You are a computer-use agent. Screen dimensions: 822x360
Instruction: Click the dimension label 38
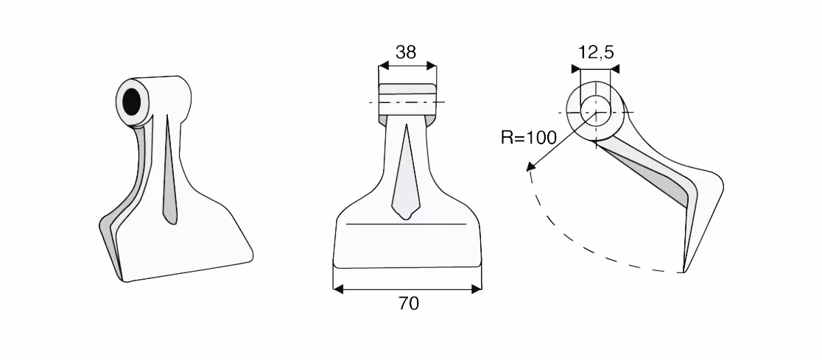[x=406, y=52]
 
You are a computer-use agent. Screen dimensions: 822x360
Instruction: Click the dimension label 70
[x=408, y=303]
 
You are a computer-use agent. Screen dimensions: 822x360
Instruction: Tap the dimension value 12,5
[x=596, y=52]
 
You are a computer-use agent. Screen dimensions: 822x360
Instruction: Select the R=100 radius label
[x=528, y=138]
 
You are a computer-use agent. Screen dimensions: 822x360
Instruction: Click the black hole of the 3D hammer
[x=132, y=102]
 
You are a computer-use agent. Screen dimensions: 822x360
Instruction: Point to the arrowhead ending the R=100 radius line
[x=531, y=166]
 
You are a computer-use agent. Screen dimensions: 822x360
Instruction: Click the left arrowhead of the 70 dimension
[x=338, y=289]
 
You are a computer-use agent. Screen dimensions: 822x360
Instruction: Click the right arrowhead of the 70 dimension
[x=476, y=289]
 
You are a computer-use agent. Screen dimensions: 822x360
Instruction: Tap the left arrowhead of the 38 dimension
[x=383, y=66]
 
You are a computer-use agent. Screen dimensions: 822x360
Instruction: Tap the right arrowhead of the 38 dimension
[x=432, y=66]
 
